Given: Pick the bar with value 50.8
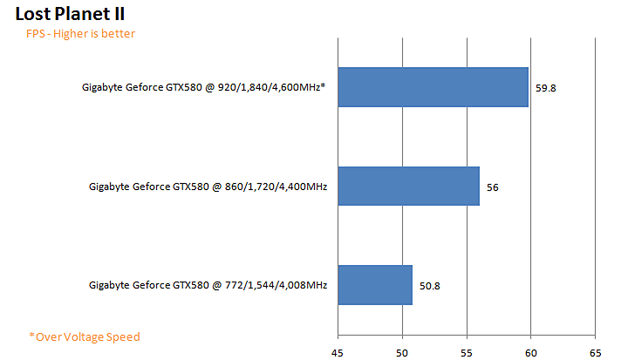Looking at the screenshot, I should click(374, 285).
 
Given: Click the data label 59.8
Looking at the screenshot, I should click(546, 88).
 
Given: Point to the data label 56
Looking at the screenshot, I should click(492, 187).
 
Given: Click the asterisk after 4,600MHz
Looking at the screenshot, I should click(323, 86).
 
